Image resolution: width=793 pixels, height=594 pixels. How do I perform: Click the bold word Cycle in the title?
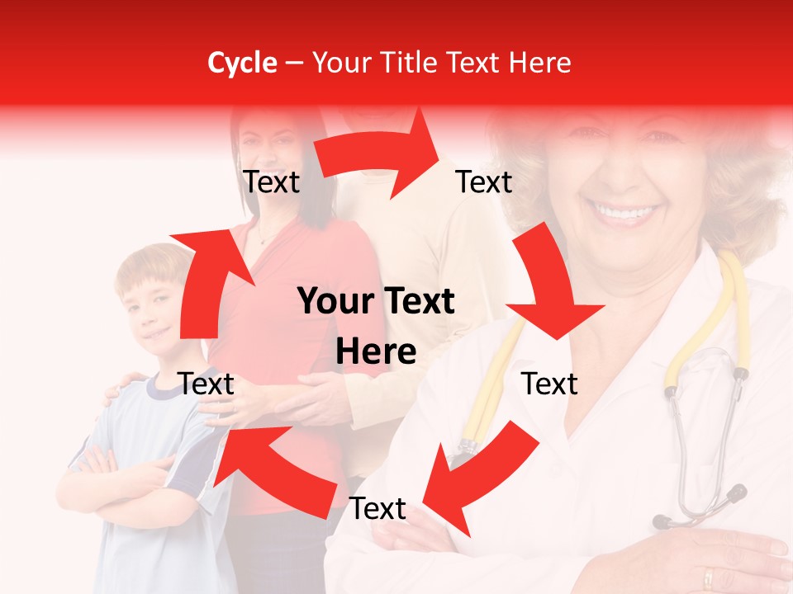242,63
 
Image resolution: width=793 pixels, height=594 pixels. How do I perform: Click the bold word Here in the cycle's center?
376,351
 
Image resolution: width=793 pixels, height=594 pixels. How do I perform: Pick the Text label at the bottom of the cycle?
378,509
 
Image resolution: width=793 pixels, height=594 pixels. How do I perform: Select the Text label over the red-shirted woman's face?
271,181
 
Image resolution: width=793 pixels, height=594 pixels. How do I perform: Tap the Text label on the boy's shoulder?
207,384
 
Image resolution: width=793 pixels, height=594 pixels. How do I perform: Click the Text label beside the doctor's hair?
484,181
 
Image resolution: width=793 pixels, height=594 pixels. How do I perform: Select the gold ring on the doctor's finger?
708,578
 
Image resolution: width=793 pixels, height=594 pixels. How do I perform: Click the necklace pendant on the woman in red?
262,241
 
